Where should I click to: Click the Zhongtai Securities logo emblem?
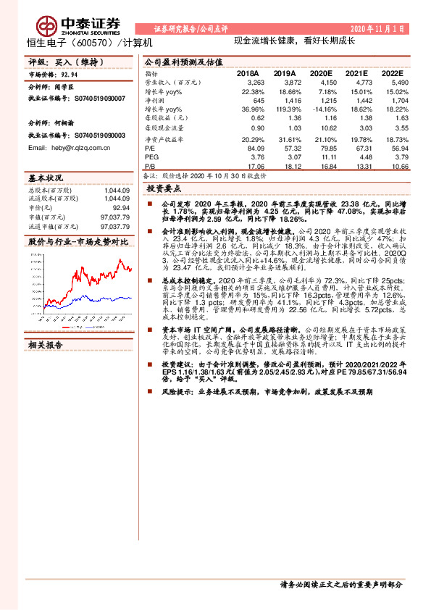[x=49, y=25]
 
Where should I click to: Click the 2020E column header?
[x=320, y=74]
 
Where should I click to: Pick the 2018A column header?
[x=248, y=74]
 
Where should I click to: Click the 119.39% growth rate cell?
[x=285, y=108]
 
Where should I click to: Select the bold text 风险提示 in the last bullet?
[x=175, y=392]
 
